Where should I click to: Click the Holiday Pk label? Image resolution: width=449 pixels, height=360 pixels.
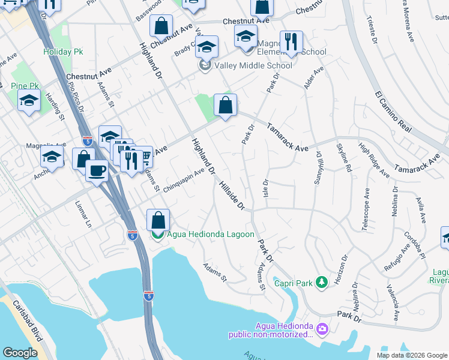coord(62,52)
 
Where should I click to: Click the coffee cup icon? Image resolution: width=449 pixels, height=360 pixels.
coord(97,170)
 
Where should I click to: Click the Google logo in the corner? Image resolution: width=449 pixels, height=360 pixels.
coord(20,353)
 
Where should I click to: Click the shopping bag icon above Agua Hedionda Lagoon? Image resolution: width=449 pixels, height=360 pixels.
coord(157,219)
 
